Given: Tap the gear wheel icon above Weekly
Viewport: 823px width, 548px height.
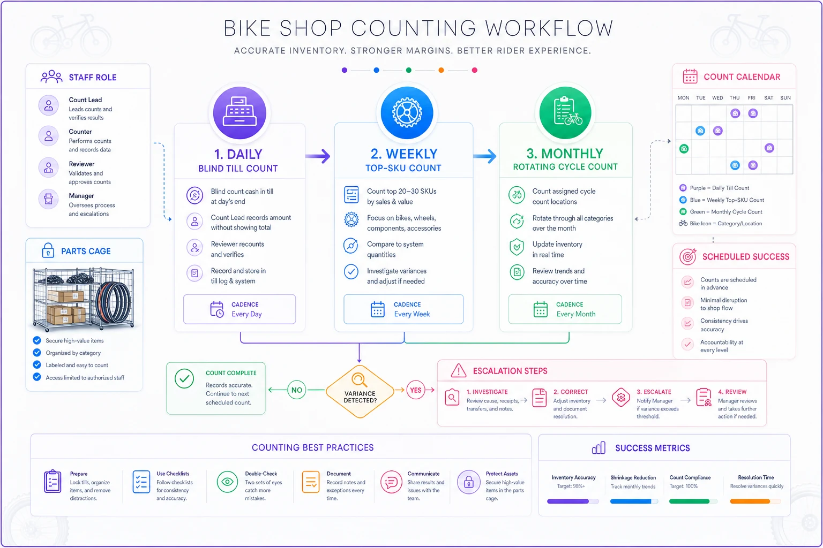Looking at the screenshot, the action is point(407,112).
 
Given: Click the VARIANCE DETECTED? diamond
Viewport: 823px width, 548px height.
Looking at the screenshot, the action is point(360,391).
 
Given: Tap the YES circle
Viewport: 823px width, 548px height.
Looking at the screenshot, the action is point(416,390).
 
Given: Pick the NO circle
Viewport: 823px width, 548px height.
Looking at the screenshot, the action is point(296,390).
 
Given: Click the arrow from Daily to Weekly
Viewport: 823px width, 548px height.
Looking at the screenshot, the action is point(318,156).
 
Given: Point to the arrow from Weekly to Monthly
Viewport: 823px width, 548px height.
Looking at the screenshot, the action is point(484,156).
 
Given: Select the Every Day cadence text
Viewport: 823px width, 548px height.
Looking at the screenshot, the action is point(246,314).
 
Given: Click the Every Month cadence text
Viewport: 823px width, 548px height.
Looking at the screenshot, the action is point(576,314).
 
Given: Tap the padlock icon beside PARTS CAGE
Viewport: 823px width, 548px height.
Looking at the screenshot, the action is point(48,250).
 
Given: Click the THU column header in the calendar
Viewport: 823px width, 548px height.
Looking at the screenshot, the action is point(735,97).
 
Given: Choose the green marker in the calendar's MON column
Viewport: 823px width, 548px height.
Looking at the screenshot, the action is point(684,149).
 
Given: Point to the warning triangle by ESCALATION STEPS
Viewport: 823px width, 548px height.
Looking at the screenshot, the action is point(459,371).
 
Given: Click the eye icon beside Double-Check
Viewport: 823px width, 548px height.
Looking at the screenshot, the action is point(227,482).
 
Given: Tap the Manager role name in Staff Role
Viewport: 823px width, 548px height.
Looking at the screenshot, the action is point(81,196).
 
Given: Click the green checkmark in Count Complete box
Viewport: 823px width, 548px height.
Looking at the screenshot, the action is point(184,379).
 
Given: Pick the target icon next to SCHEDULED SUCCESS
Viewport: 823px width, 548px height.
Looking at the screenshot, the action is point(688,256).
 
